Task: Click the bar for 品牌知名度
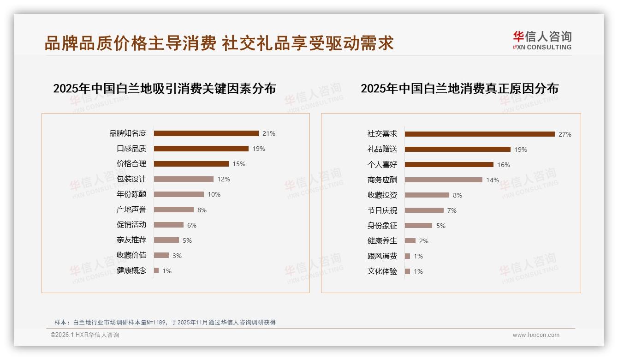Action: (x=206, y=133)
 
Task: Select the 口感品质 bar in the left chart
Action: (x=201, y=149)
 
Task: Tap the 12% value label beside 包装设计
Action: (x=224, y=179)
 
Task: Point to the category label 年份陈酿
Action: (x=131, y=194)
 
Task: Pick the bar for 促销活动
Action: (x=168, y=225)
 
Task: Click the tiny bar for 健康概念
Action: (x=156, y=270)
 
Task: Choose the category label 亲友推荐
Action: (x=131, y=240)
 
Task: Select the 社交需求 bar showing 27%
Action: (x=480, y=134)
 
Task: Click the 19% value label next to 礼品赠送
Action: (x=521, y=150)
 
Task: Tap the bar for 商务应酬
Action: (x=444, y=180)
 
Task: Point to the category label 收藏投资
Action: (x=382, y=195)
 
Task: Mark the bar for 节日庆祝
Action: (x=424, y=210)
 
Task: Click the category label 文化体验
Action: (x=382, y=271)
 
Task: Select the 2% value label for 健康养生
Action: (x=424, y=241)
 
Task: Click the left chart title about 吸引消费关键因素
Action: (x=164, y=89)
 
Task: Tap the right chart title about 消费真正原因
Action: (x=459, y=89)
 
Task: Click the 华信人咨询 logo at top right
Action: (x=542, y=41)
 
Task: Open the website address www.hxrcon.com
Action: (x=536, y=335)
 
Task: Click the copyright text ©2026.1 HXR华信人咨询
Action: (x=85, y=335)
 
